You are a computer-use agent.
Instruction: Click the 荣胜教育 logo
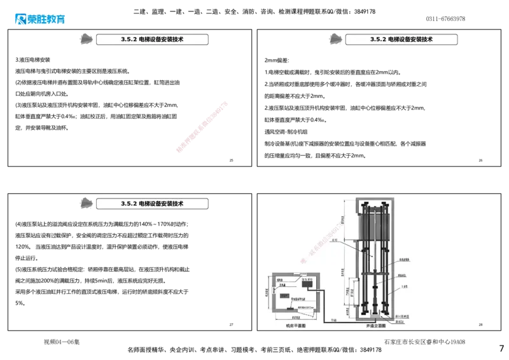pos(39,19)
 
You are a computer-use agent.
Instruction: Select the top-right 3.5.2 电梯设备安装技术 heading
pos(401,39)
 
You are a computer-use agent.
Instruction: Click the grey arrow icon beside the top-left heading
pos(85,39)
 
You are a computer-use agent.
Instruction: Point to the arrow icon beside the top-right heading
pos(334,39)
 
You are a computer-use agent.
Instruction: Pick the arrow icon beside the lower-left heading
pos(85,204)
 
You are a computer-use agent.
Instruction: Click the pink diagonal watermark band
pos(202,125)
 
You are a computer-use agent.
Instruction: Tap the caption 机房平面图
pos(296,325)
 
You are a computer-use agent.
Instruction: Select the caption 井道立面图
pos(376,325)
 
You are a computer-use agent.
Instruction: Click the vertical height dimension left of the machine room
pos(267,293)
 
